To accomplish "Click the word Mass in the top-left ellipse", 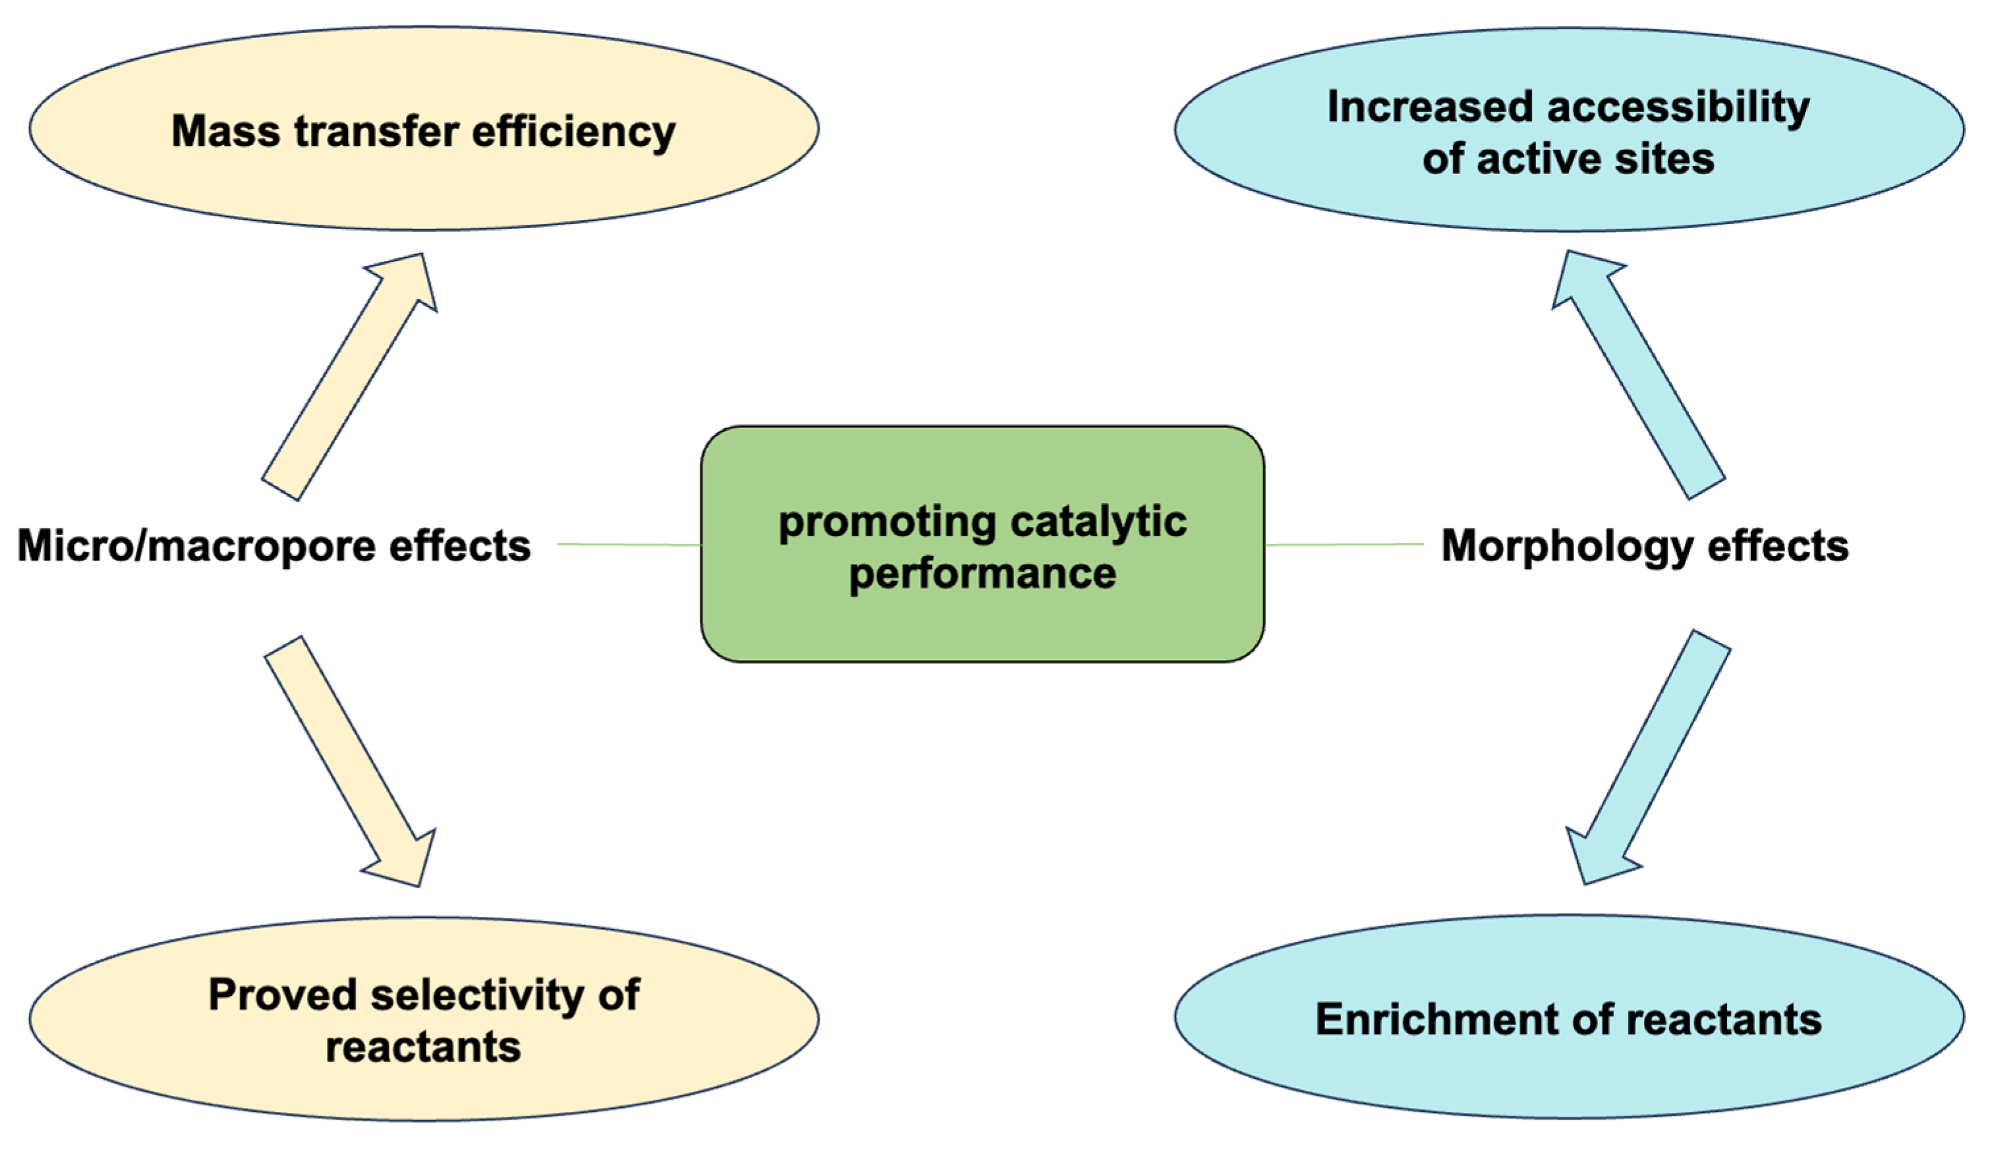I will click(x=225, y=131).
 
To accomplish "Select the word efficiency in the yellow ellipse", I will click(x=573, y=132).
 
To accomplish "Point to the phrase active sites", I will click(x=1595, y=159).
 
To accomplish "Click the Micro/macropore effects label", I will click(x=274, y=546).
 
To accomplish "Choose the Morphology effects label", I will click(x=1645, y=545).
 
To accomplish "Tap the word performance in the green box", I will click(x=982, y=573).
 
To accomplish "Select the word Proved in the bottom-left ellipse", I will click(x=283, y=995).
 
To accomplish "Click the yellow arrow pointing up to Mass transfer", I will click(x=348, y=379).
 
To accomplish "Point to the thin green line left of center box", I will click(x=629, y=545).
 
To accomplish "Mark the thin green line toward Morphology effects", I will click(x=1343, y=545).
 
